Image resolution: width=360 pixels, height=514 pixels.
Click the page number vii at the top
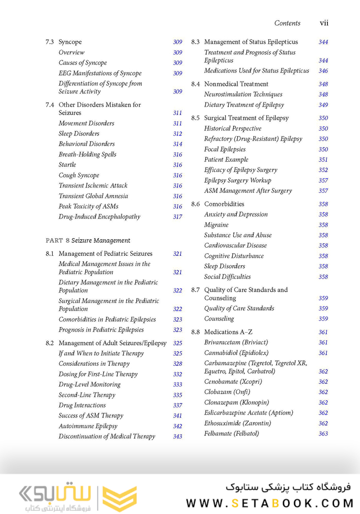click(324, 23)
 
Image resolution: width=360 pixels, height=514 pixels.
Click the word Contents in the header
click(287, 23)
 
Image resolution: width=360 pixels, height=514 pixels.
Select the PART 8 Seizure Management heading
click(88, 241)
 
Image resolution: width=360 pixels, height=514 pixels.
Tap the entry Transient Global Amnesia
click(93, 196)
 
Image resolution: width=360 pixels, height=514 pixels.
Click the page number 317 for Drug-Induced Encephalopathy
click(177, 217)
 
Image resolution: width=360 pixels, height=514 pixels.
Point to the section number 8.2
click(49, 343)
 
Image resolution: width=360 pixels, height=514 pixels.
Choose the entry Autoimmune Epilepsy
click(88, 426)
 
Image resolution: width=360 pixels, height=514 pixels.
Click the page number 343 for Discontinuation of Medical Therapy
click(177, 437)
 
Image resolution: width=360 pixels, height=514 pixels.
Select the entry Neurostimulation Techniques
click(243, 94)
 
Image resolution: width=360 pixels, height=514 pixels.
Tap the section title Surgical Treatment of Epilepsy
click(246, 118)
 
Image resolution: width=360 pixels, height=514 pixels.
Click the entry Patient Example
click(226, 160)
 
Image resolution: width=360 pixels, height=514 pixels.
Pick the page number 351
click(323, 160)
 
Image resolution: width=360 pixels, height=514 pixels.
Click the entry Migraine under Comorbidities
click(216, 225)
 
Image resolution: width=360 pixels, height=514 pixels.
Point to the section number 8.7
click(195, 290)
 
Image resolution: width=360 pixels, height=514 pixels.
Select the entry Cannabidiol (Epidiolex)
click(236, 353)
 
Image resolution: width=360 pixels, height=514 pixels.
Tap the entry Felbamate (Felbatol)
click(231, 434)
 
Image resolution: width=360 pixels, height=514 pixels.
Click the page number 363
click(323, 434)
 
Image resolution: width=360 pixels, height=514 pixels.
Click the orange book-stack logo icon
click(119, 498)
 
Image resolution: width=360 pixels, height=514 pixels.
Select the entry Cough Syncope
click(79, 175)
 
